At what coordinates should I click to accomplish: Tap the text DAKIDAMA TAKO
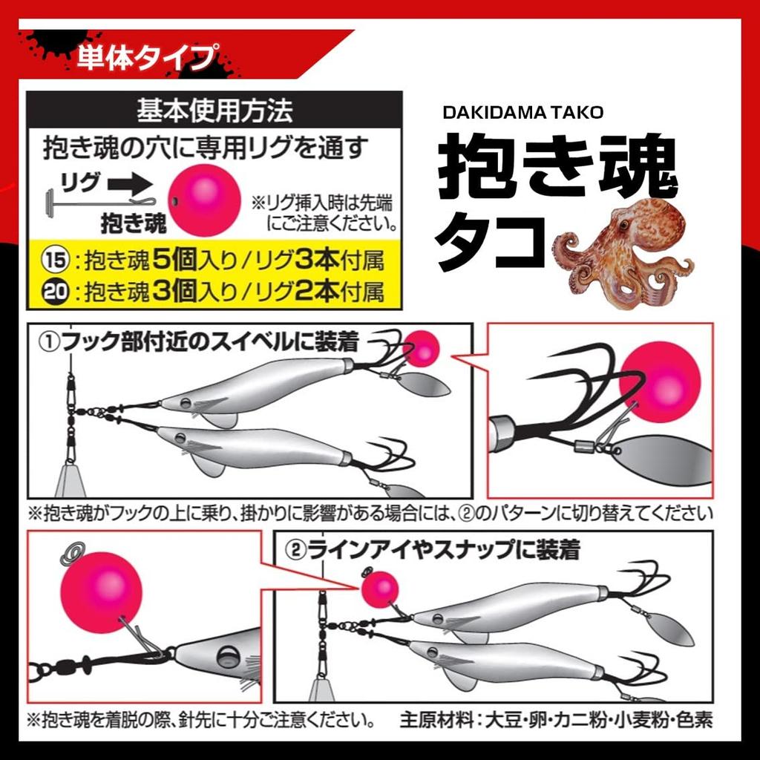[x=523, y=112]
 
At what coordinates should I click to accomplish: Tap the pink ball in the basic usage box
[x=204, y=200]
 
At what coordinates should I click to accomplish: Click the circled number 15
[x=54, y=261]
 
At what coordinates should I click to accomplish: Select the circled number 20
[x=54, y=292]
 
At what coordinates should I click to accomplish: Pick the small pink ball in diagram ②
[x=380, y=589]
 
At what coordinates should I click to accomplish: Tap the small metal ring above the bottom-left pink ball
[x=72, y=551]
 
